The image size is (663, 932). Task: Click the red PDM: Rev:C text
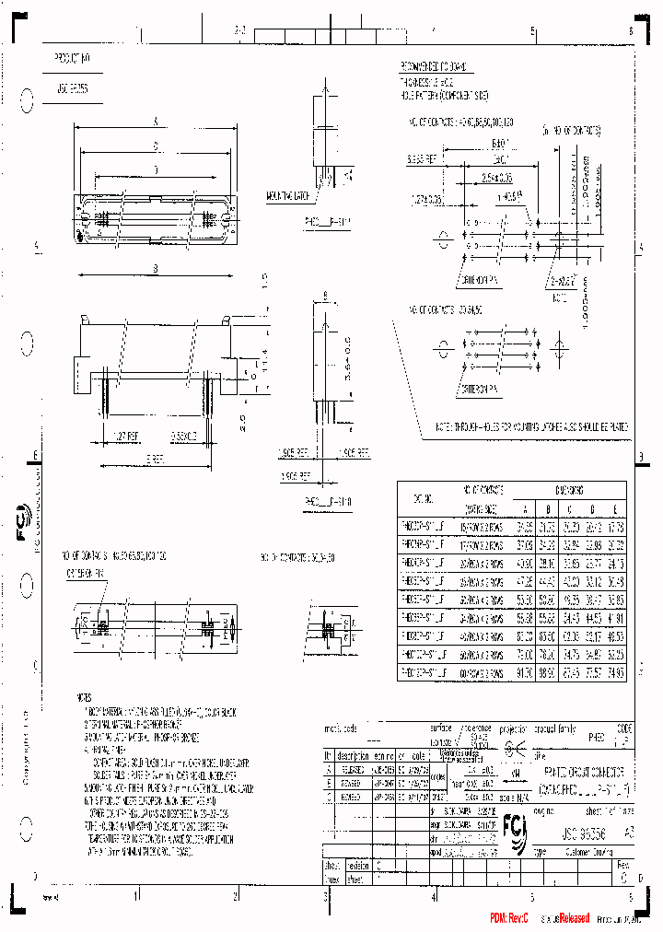pyautogui.click(x=510, y=918)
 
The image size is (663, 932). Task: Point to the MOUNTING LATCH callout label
pyautogui.click(x=286, y=196)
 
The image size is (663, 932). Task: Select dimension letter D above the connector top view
pyautogui.click(x=155, y=169)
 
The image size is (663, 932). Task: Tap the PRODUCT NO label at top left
pyautogui.click(x=73, y=56)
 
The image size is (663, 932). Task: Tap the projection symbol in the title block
pyautogui.click(x=518, y=748)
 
